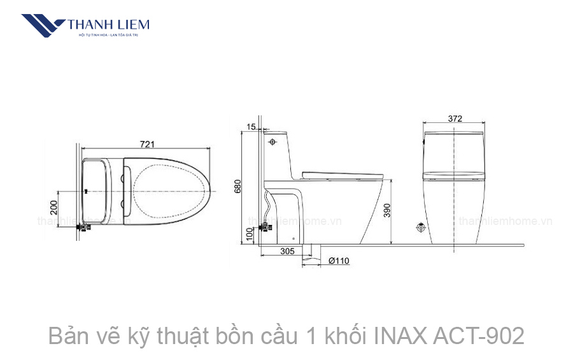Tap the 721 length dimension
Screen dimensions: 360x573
[x=147, y=144]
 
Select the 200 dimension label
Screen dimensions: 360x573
[x=54, y=208]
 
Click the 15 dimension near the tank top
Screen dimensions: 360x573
[x=250, y=127]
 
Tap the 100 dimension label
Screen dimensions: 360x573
[x=250, y=234]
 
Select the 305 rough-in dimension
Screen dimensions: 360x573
[x=287, y=252]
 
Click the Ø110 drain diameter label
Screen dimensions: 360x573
[x=338, y=261]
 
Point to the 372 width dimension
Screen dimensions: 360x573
[x=455, y=119]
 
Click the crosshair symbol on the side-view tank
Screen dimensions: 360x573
[x=273, y=141]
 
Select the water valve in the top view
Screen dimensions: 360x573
[x=83, y=226]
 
